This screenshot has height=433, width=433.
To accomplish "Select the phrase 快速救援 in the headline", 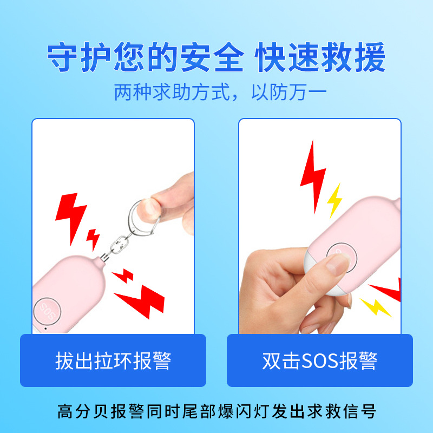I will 320,58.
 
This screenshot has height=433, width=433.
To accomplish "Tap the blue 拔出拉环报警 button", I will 113,360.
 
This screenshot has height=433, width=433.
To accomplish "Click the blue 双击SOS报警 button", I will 319,360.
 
